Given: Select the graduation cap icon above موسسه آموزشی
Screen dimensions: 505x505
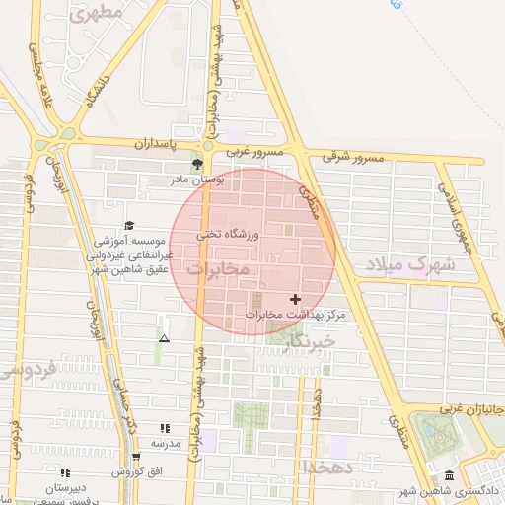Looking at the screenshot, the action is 129,226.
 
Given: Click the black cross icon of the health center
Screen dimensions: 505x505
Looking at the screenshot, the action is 295,298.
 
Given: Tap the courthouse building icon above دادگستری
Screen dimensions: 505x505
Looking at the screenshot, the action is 450,476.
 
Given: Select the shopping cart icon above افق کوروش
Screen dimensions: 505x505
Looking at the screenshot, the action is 136,456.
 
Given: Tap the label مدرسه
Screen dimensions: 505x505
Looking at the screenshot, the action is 165,443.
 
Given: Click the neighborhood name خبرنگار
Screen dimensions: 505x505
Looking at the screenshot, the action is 308,338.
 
